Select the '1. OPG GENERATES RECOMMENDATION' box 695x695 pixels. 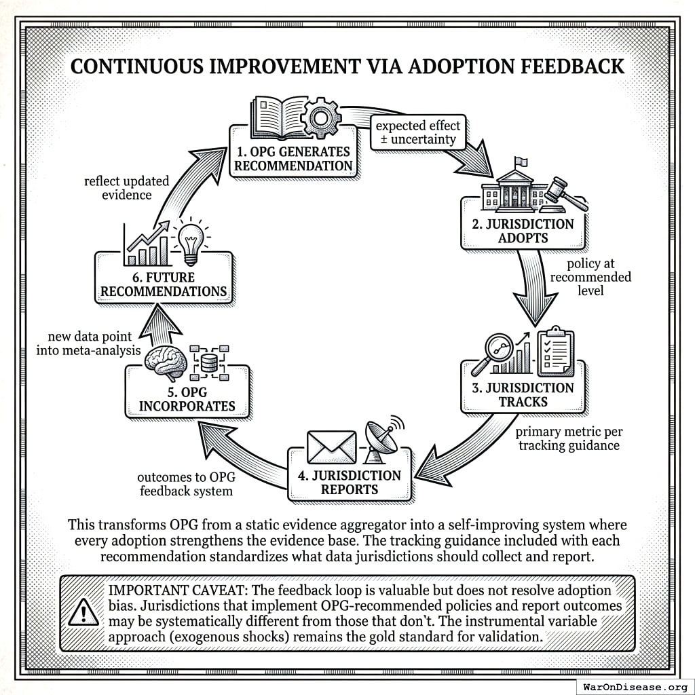pyautogui.click(x=293, y=158)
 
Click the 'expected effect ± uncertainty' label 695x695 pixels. pyautogui.click(x=417, y=132)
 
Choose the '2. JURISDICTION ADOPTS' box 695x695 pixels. pyautogui.click(x=523, y=231)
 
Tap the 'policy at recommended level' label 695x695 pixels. pyautogui.click(x=590, y=277)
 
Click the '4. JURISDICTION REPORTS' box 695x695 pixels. pyautogui.click(x=350, y=482)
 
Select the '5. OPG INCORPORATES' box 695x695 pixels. pyautogui.click(x=187, y=399)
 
